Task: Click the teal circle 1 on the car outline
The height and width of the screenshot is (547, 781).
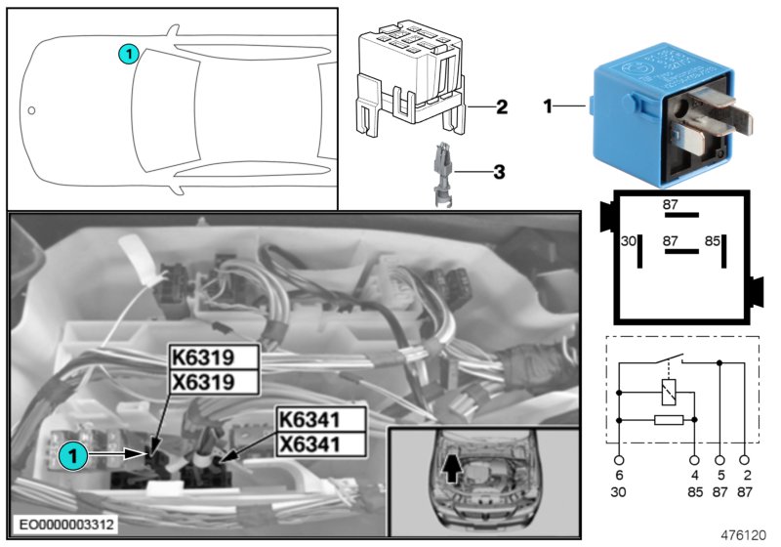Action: pyautogui.click(x=129, y=55)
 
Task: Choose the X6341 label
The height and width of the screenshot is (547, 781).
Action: pyautogui.click(x=321, y=444)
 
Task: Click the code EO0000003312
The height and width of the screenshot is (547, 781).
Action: pyautogui.click(x=64, y=526)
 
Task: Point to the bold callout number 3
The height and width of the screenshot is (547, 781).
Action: pyautogui.click(x=498, y=173)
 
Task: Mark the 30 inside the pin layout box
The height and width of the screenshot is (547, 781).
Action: pyautogui.click(x=629, y=238)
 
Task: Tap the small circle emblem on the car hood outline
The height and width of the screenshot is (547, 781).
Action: pyautogui.click(x=32, y=110)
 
